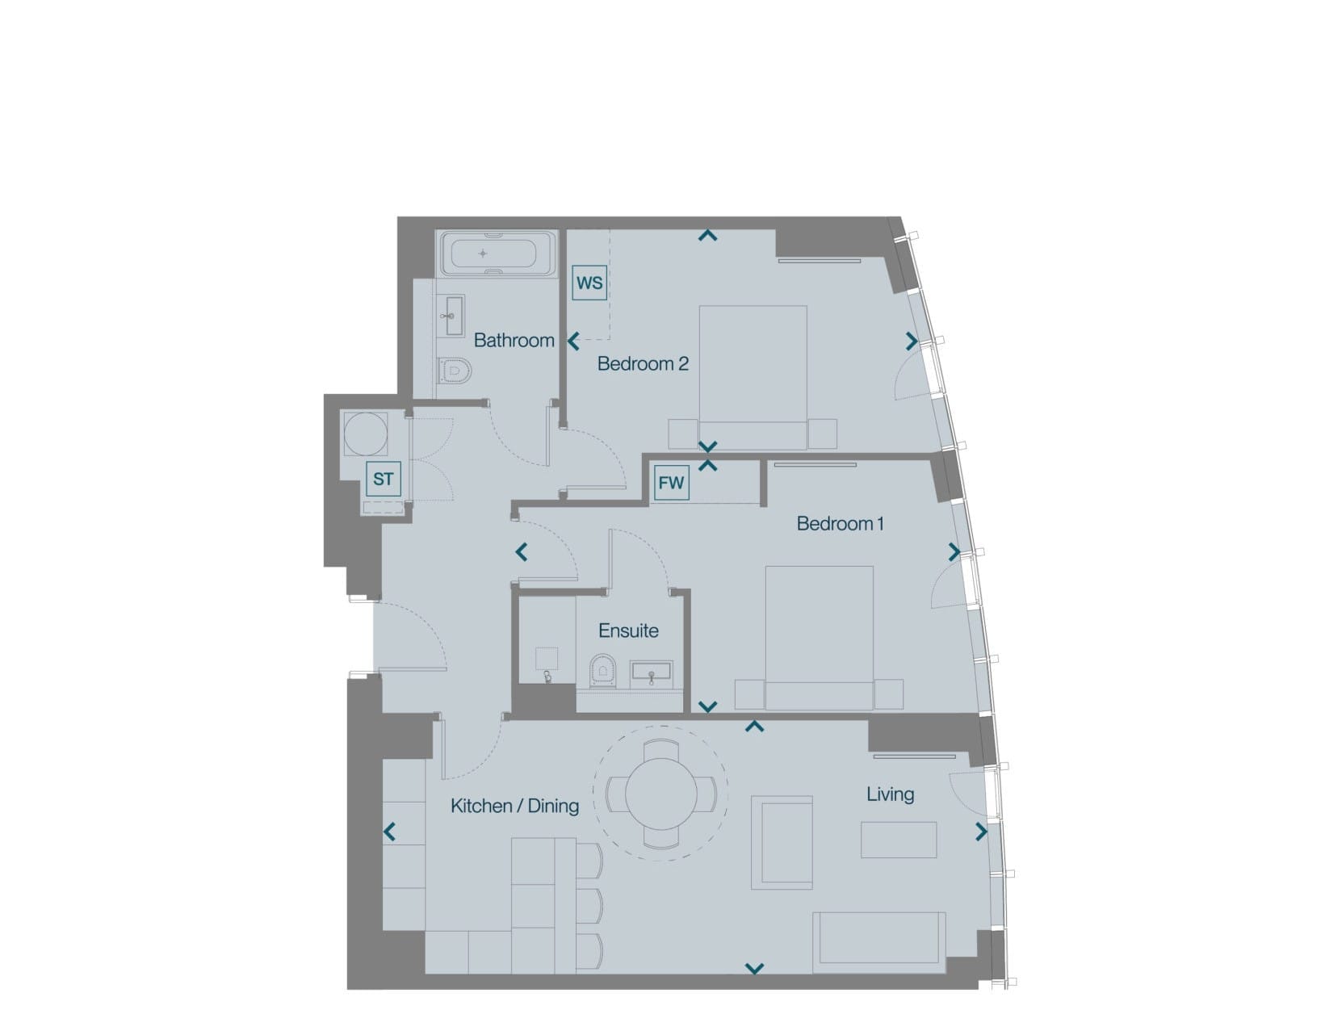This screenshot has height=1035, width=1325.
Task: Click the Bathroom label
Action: [x=514, y=340]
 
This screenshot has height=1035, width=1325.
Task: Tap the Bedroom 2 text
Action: [x=643, y=364]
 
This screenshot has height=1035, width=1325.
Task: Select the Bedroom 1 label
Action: [x=841, y=524]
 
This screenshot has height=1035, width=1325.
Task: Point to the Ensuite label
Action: [x=628, y=631]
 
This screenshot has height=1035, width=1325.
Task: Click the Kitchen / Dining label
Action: [x=514, y=806]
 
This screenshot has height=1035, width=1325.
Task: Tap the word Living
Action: [x=891, y=794]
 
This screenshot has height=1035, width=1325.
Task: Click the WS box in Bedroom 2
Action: [x=589, y=283]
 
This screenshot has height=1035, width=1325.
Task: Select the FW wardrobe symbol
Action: [x=671, y=483]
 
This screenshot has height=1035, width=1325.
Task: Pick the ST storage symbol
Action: [x=383, y=479]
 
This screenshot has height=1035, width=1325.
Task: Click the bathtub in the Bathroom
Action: [x=497, y=254]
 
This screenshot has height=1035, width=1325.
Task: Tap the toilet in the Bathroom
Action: [x=455, y=371]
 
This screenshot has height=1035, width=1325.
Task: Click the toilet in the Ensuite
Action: [x=603, y=671]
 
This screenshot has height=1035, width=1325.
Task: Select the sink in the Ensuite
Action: [x=652, y=673]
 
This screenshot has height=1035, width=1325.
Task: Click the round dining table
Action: [x=661, y=794]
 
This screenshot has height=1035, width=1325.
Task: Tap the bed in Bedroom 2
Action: [x=753, y=377]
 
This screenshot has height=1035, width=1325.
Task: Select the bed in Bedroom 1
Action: [x=819, y=638]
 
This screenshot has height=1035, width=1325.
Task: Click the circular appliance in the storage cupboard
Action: [x=365, y=434]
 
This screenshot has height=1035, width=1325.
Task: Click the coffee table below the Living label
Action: [x=898, y=840]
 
